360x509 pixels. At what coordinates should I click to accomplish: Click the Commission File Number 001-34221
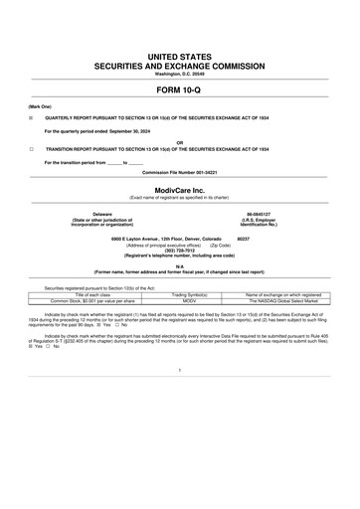coord(179,171)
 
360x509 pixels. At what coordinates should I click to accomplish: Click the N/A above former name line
coord(179,265)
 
